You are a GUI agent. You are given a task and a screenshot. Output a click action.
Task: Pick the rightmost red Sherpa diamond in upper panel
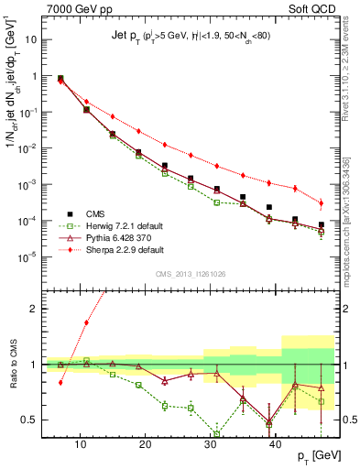(321, 203)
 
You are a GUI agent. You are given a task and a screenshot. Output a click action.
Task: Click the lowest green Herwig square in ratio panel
(217, 434)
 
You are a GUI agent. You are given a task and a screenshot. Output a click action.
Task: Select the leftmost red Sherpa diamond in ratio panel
(60, 382)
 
